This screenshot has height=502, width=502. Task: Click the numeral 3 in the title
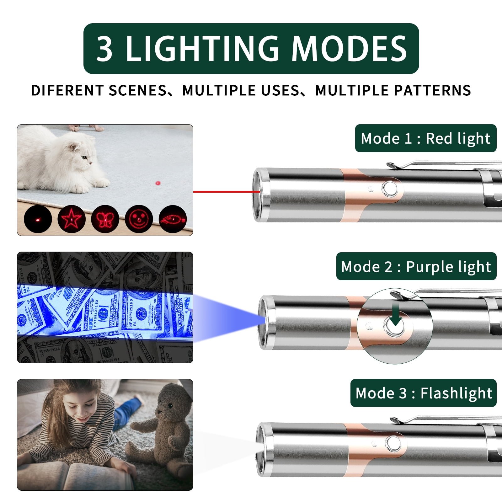tap(104, 49)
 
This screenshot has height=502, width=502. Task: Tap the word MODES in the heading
tap(350, 49)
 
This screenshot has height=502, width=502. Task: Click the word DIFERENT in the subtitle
tap(67, 90)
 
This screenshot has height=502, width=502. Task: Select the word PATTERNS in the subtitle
tap(432, 90)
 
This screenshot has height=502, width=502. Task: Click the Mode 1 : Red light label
tap(426, 138)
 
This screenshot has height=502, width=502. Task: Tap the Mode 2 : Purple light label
tap(416, 266)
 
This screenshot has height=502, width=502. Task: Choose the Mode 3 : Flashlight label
tap(424, 393)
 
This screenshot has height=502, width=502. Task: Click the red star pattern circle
tap(72, 219)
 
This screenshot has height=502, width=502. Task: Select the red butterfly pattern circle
tap(105, 219)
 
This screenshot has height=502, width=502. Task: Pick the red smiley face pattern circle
tap(139, 219)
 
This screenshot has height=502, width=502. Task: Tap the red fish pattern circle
tap(173, 219)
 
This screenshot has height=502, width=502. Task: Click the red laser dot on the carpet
tap(158, 183)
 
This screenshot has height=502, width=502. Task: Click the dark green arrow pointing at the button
tap(396, 314)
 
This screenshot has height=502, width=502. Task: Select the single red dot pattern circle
tap(38, 219)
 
